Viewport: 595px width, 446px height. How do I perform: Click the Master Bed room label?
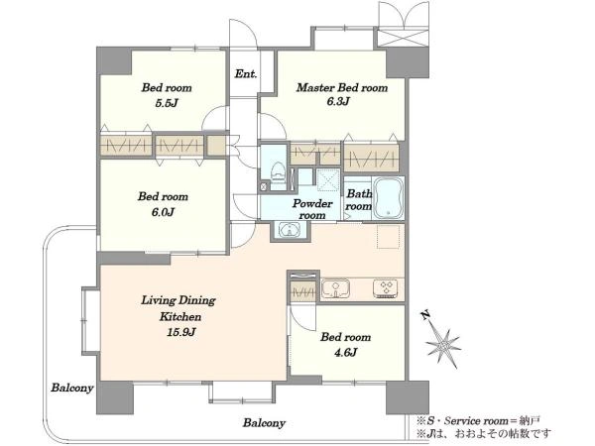click(x=342, y=88)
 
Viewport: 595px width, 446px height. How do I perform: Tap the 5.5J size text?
click(x=167, y=103)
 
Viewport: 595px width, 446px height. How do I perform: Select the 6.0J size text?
click(x=163, y=212)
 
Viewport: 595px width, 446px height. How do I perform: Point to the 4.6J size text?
click(x=345, y=353)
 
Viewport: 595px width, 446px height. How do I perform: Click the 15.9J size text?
click(x=181, y=332)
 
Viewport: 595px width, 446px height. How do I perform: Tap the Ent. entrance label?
click(x=246, y=73)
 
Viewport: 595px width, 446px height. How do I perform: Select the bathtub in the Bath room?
click(x=388, y=198)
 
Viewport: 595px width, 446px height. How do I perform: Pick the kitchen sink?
click(x=335, y=289)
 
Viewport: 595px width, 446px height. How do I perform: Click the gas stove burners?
click(x=386, y=288)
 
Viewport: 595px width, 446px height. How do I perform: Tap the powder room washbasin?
click(x=290, y=230)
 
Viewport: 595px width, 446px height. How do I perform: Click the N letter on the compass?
click(x=425, y=315)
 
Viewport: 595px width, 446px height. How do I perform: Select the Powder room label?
click(x=312, y=209)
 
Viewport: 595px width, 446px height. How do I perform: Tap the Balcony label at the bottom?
click(x=264, y=423)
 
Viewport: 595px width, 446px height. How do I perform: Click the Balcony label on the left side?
click(x=72, y=388)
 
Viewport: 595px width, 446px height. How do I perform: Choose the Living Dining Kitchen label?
click(x=179, y=308)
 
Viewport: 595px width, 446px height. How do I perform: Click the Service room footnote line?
click(x=479, y=420)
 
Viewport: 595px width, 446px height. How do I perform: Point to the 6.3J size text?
click(x=338, y=101)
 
